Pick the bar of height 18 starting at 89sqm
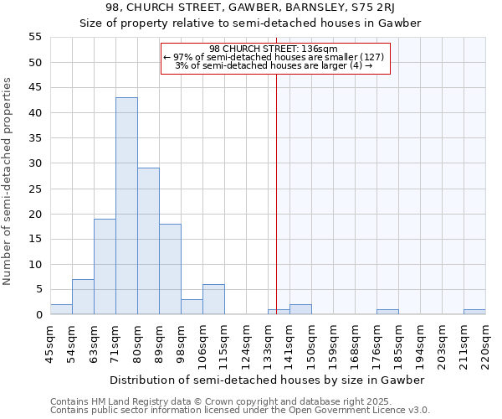tap(170, 269)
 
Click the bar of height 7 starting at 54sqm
tap(83, 297)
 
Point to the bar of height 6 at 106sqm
tap(213, 299)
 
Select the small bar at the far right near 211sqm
tap(474, 312)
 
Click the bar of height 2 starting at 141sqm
tap(300, 309)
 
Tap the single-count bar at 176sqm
tap(387, 312)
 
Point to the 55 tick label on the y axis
tap(35, 37)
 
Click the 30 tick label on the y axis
tap(35, 163)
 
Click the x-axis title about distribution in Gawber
tap(268, 380)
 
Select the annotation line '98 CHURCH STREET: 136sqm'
tap(274, 49)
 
